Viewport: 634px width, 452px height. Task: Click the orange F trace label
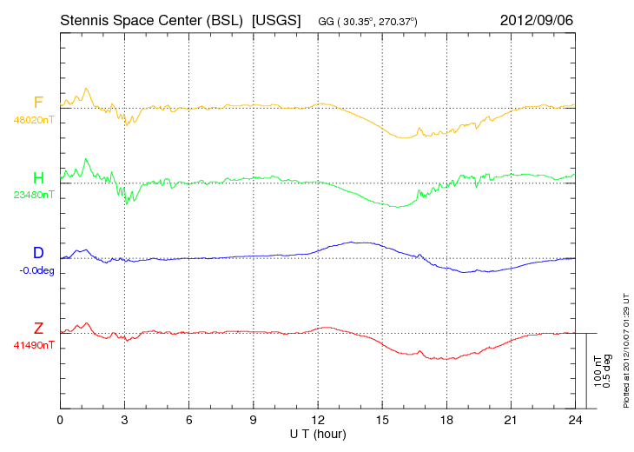tap(38, 103)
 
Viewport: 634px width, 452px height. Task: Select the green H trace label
tap(38, 178)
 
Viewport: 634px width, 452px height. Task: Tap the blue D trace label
tap(38, 253)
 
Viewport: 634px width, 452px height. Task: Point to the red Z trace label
tap(38, 329)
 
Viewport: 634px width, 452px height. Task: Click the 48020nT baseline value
tap(34, 120)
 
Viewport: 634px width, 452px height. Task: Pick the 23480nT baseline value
tap(34, 195)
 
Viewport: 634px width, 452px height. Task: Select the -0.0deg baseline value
tap(36, 270)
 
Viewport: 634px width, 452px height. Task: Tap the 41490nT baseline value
tap(34, 346)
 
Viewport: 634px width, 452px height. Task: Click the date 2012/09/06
tap(537, 20)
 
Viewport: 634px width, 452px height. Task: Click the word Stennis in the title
tap(84, 20)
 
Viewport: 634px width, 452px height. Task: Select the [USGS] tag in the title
tap(276, 20)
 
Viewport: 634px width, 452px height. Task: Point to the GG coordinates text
tap(367, 22)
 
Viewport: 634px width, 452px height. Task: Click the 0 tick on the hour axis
tap(60, 420)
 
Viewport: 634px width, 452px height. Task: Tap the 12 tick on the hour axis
tap(318, 420)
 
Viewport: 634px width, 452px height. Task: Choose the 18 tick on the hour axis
tap(446, 420)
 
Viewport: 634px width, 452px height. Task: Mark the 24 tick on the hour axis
tap(575, 420)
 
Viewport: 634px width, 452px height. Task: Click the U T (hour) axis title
tap(318, 435)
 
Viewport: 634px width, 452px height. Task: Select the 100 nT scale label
tap(598, 371)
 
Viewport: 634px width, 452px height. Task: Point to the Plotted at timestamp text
tap(626, 350)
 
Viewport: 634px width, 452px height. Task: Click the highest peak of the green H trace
tap(86, 158)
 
